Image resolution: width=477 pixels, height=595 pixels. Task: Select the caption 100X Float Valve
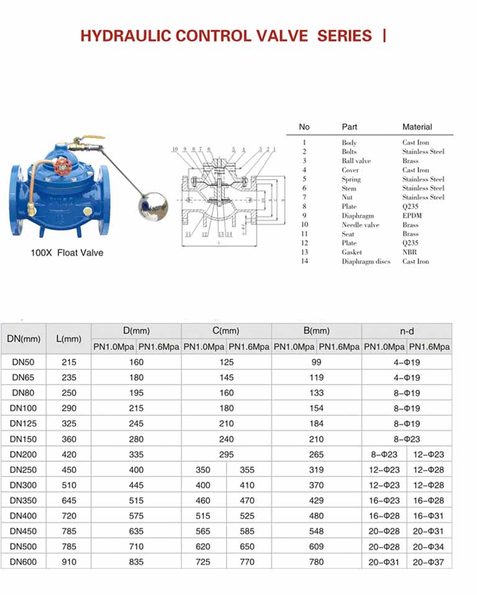(x=67, y=253)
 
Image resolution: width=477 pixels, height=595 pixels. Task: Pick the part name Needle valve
(x=360, y=225)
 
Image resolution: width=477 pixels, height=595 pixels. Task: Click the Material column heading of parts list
(x=417, y=127)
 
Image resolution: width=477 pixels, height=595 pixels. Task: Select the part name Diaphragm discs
(x=366, y=262)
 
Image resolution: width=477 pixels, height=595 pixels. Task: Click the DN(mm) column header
(x=24, y=339)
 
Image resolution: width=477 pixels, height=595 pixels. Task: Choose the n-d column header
(x=407, y=331)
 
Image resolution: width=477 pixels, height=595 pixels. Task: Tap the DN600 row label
(x=24, y=561)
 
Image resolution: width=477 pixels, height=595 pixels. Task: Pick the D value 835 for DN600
(x=136, y=561)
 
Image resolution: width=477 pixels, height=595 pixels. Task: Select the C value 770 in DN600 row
(x=247, y=561)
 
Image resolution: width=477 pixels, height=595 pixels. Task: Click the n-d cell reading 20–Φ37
(x=429, y=561)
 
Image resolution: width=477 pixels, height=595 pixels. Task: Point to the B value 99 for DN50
(x=317, y=362)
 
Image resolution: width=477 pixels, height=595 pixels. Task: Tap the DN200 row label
(x=24, y=454)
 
